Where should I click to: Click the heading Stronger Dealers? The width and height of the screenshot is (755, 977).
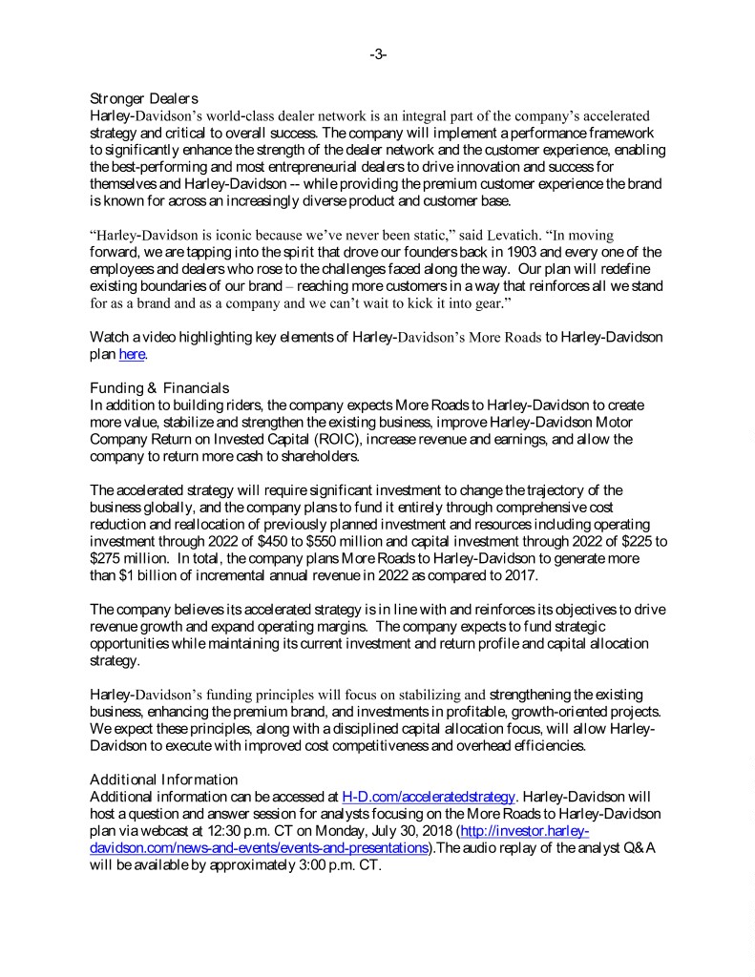click(x=143, y=99)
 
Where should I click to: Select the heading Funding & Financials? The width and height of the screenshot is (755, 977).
click(x=158, y=387)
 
